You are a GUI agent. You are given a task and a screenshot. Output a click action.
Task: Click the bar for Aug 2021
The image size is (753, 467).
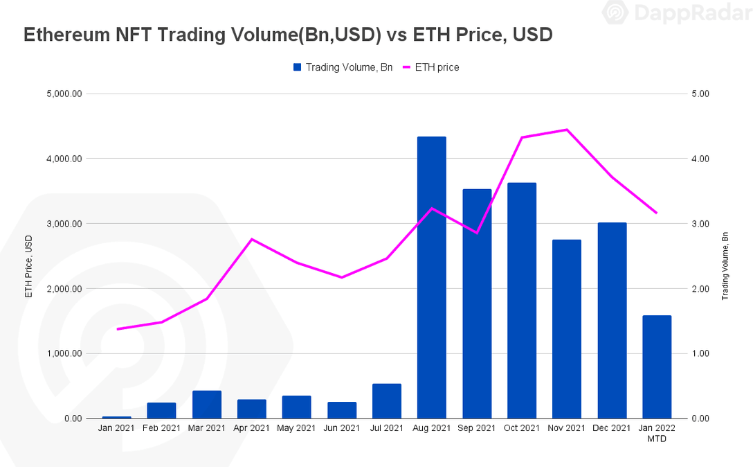coord(431,277)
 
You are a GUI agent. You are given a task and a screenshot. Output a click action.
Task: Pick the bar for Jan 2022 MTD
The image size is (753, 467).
coord(657,367)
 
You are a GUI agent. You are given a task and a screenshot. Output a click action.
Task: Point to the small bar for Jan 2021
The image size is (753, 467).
coord(116,417)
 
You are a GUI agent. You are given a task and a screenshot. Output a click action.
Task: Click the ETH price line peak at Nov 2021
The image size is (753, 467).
coord(567,130)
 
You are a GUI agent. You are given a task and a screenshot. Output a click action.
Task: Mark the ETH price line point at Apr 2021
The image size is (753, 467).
coord(251,239)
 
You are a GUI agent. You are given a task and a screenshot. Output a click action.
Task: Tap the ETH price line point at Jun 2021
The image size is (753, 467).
coord(341,277)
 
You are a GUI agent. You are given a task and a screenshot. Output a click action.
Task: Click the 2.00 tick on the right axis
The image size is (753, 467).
coord(700,289)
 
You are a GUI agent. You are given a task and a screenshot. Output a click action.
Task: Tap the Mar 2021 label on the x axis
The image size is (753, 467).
coord(206,429)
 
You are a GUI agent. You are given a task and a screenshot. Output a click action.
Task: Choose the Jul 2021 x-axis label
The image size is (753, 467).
coord(386,429)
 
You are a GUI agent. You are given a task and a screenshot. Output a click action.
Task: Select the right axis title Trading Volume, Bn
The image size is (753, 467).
coord(725,265)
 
